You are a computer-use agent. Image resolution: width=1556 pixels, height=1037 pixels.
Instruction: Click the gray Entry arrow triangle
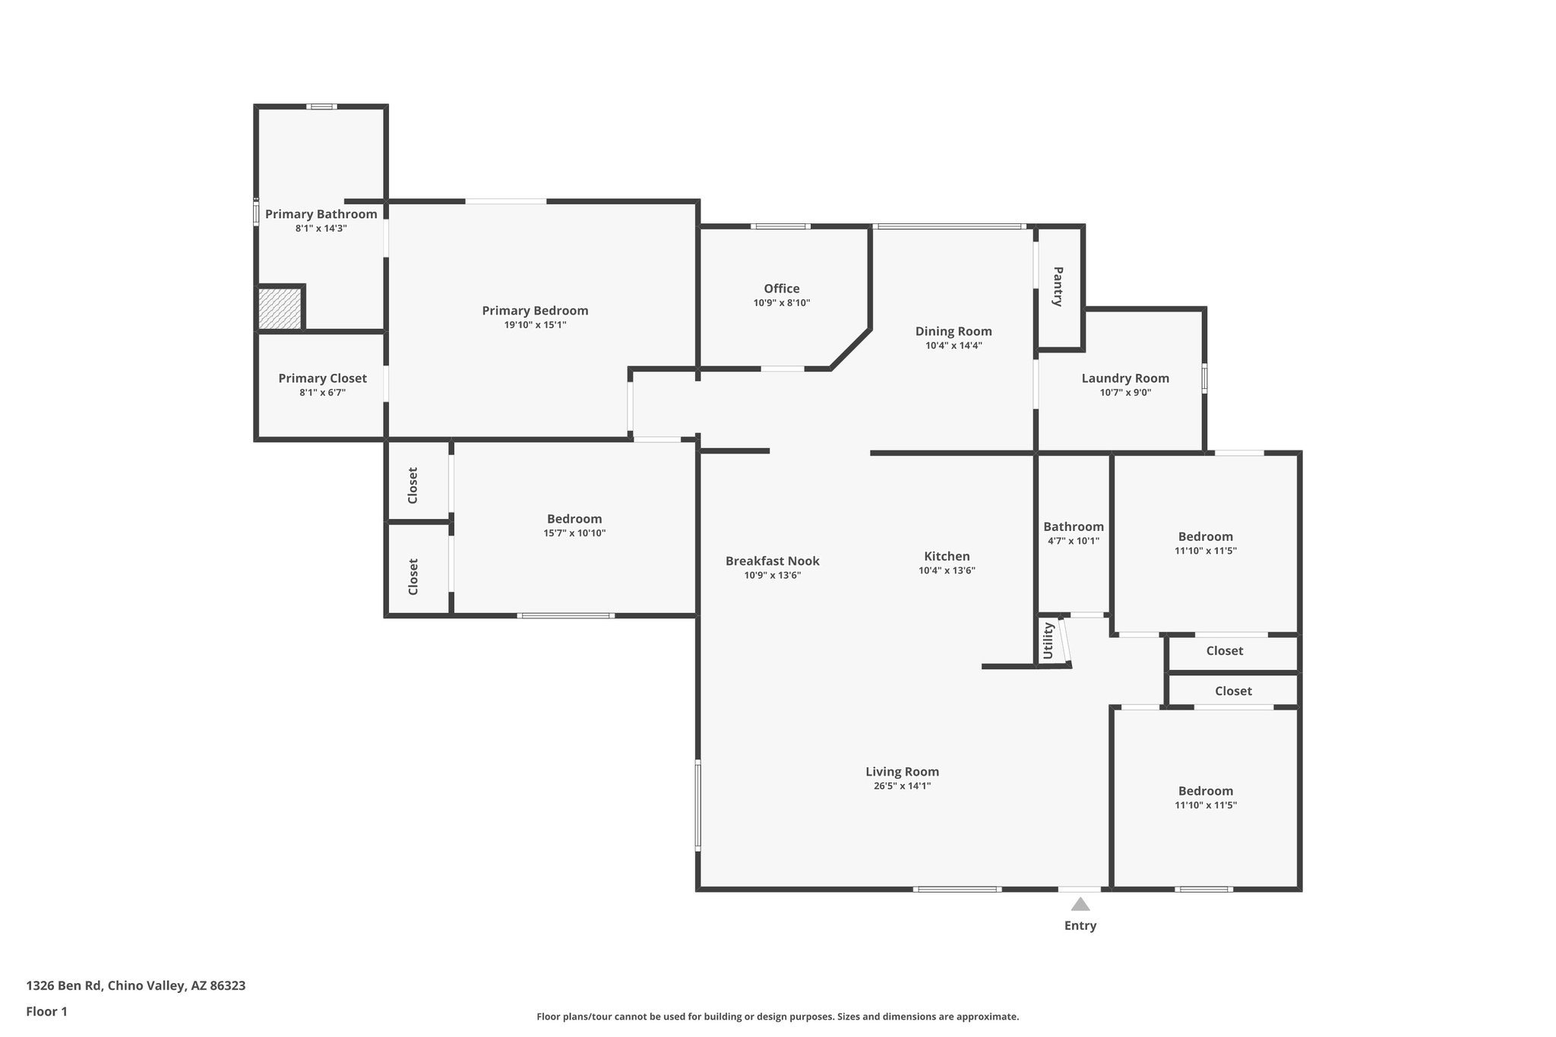pyautogui.click(x=1080, y=904)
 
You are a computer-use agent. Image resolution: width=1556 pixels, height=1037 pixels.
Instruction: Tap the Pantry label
pyautogui.click(x=1057, y=286)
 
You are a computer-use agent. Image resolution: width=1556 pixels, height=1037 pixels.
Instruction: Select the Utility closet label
pyautogui.click(x=1048, y=640)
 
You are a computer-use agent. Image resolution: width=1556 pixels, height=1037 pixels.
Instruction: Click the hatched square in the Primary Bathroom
pyautogui.click(x=280, y=308)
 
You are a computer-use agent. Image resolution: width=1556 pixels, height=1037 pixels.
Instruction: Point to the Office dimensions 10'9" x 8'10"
pyautogui.click(x=781, y=303)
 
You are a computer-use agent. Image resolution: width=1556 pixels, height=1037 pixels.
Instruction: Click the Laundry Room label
pyautogui.click(x=1124, y=378)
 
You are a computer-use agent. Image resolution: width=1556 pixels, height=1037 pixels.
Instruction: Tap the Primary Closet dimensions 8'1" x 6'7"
pyautogui.click(x=322, y=393)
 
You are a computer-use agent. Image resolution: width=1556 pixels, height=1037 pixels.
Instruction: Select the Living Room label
pyautogui.click(x=902, y=772)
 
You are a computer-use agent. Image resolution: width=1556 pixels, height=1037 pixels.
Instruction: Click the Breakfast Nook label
pyautogui.click(x=772, y=561)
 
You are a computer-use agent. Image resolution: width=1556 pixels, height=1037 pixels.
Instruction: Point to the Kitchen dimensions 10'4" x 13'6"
pyautogui.click(x=947, y=571)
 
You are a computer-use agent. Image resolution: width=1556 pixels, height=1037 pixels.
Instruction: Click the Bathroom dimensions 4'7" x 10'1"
pyautogui.click(x=1073, y=542)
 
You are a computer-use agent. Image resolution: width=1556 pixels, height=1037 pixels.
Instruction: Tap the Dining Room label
pyautogui.click(x=953, y=331)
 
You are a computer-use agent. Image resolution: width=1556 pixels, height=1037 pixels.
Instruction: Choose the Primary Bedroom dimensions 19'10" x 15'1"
pyautogui.click(x=535, y=325)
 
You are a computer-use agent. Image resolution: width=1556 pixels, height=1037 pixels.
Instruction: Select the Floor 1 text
pyautogui.click(x=47, y=1012)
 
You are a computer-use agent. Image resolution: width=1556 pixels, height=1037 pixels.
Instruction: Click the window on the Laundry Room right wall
pyautogui.click(x=1204, y=378)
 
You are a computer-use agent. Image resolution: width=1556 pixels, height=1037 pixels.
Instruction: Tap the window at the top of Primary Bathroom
pyautogui.click(x=321, y=106)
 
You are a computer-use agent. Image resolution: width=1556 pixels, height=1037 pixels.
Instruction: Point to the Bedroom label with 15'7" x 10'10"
pyautogui.click(x=574, y=519)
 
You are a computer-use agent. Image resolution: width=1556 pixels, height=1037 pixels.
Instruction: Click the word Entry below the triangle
pyautogui.click(x=1080, y=926)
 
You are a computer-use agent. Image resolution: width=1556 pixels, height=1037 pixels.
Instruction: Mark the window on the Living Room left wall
pyautogui.click(x=697, y=805)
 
